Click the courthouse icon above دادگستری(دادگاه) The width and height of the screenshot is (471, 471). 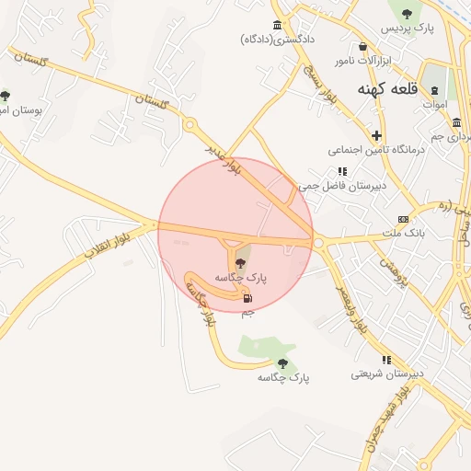pyautogui.click(x=277, y=25)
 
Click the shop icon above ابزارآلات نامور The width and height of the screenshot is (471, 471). pyautogui.click(x=363, y=46)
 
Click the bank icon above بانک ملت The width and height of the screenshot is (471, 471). pyautogui.click(x=403, y=219)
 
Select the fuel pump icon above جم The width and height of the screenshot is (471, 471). pyautogui.click(x=247, y=298)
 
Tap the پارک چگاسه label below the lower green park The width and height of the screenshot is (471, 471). pyautogui.click(x=282, y=377)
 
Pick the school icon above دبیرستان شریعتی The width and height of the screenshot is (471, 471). pyautogui.click(x=387, y=360)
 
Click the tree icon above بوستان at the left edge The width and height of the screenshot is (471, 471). pyautogui.click(x=6, y=95)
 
